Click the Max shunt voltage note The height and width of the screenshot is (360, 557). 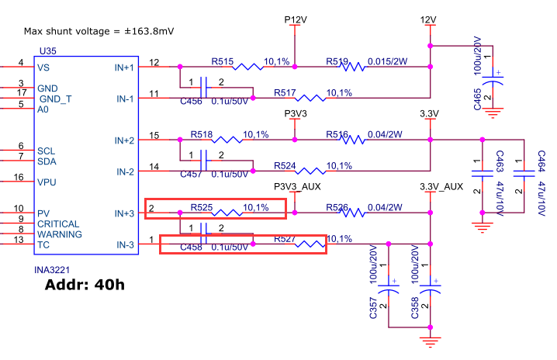[x=99, y=31]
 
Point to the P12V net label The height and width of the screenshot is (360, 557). [x=295, y=18]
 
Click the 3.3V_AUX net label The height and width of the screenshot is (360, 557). [x=441, y=187]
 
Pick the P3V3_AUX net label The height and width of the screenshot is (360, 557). [x=297, y=187]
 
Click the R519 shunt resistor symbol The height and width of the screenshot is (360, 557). [x=352, y=67]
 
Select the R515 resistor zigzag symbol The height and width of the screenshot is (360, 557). [x=249, y=67]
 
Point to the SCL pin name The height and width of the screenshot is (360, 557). [x=47, y=150]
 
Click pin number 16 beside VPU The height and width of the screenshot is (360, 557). [x=21, y=178]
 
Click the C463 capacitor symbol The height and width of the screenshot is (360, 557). [x=482, y=175]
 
